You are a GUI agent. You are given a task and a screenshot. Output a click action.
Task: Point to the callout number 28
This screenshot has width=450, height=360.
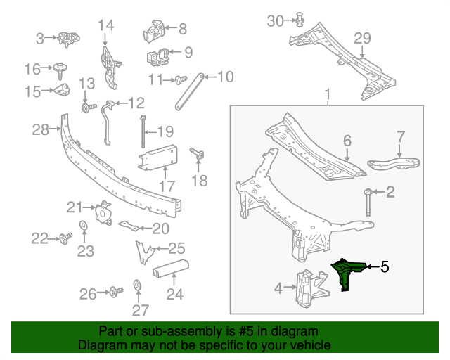pyautogui.click(x=41, y=129)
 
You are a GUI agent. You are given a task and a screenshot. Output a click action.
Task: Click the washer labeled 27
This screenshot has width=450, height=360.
pyautogui.click(x=137, y=285)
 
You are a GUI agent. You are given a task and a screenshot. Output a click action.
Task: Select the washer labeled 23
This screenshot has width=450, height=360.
pyautogui.click(x=82, y=225)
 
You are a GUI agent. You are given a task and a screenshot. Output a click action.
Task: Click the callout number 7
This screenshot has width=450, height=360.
pyautogui.click(x=399, y=136)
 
